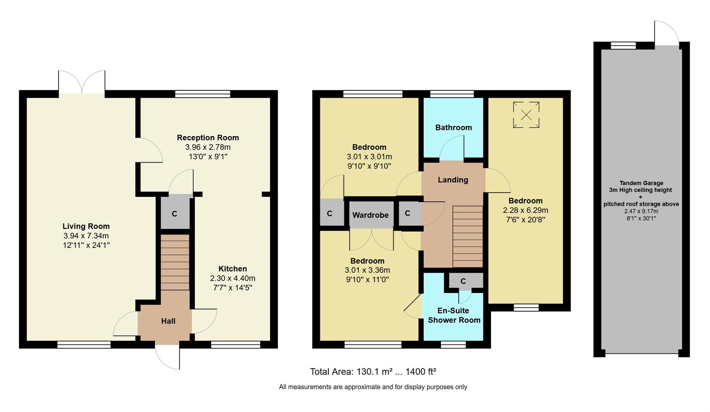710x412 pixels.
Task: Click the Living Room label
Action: (x=86, y=226)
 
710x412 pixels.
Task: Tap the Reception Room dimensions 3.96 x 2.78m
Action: (x=208, y=147)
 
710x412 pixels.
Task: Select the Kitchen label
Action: (x=233, y=269)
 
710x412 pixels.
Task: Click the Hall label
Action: (x=168, y=321)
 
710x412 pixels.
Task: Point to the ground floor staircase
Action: (x=175, y=262)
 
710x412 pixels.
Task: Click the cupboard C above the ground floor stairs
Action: (x=175, y=214)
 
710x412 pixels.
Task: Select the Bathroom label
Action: (x=453, y=127)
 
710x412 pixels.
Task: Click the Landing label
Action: (x=453, y=180)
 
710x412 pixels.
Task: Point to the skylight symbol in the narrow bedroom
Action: (x=526, y=114)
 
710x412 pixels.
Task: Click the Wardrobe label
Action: (x=370, y=215)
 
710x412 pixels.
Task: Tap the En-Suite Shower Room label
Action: (x=454, y=315)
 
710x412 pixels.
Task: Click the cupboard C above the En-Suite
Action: (x=463, y=281)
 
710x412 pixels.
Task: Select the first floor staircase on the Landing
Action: (x=467, y=237)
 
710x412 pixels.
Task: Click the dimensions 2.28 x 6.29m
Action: (x=525, y=210)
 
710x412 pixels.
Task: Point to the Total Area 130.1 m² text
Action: (x=373, y=372)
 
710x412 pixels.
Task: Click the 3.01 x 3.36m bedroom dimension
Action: (x=367, y=270)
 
